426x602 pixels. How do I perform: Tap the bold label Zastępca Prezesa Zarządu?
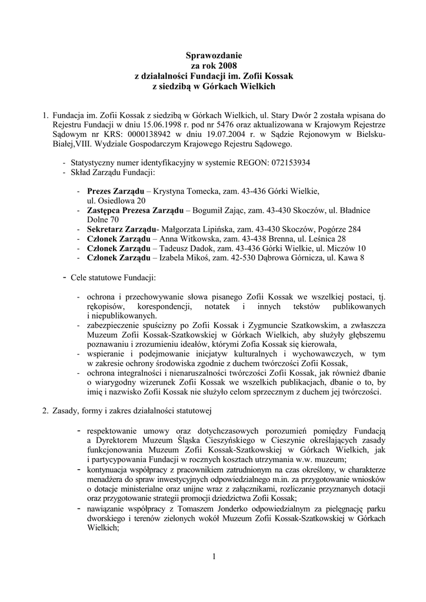point(135,210)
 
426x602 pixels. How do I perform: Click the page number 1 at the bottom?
point(215,556)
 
